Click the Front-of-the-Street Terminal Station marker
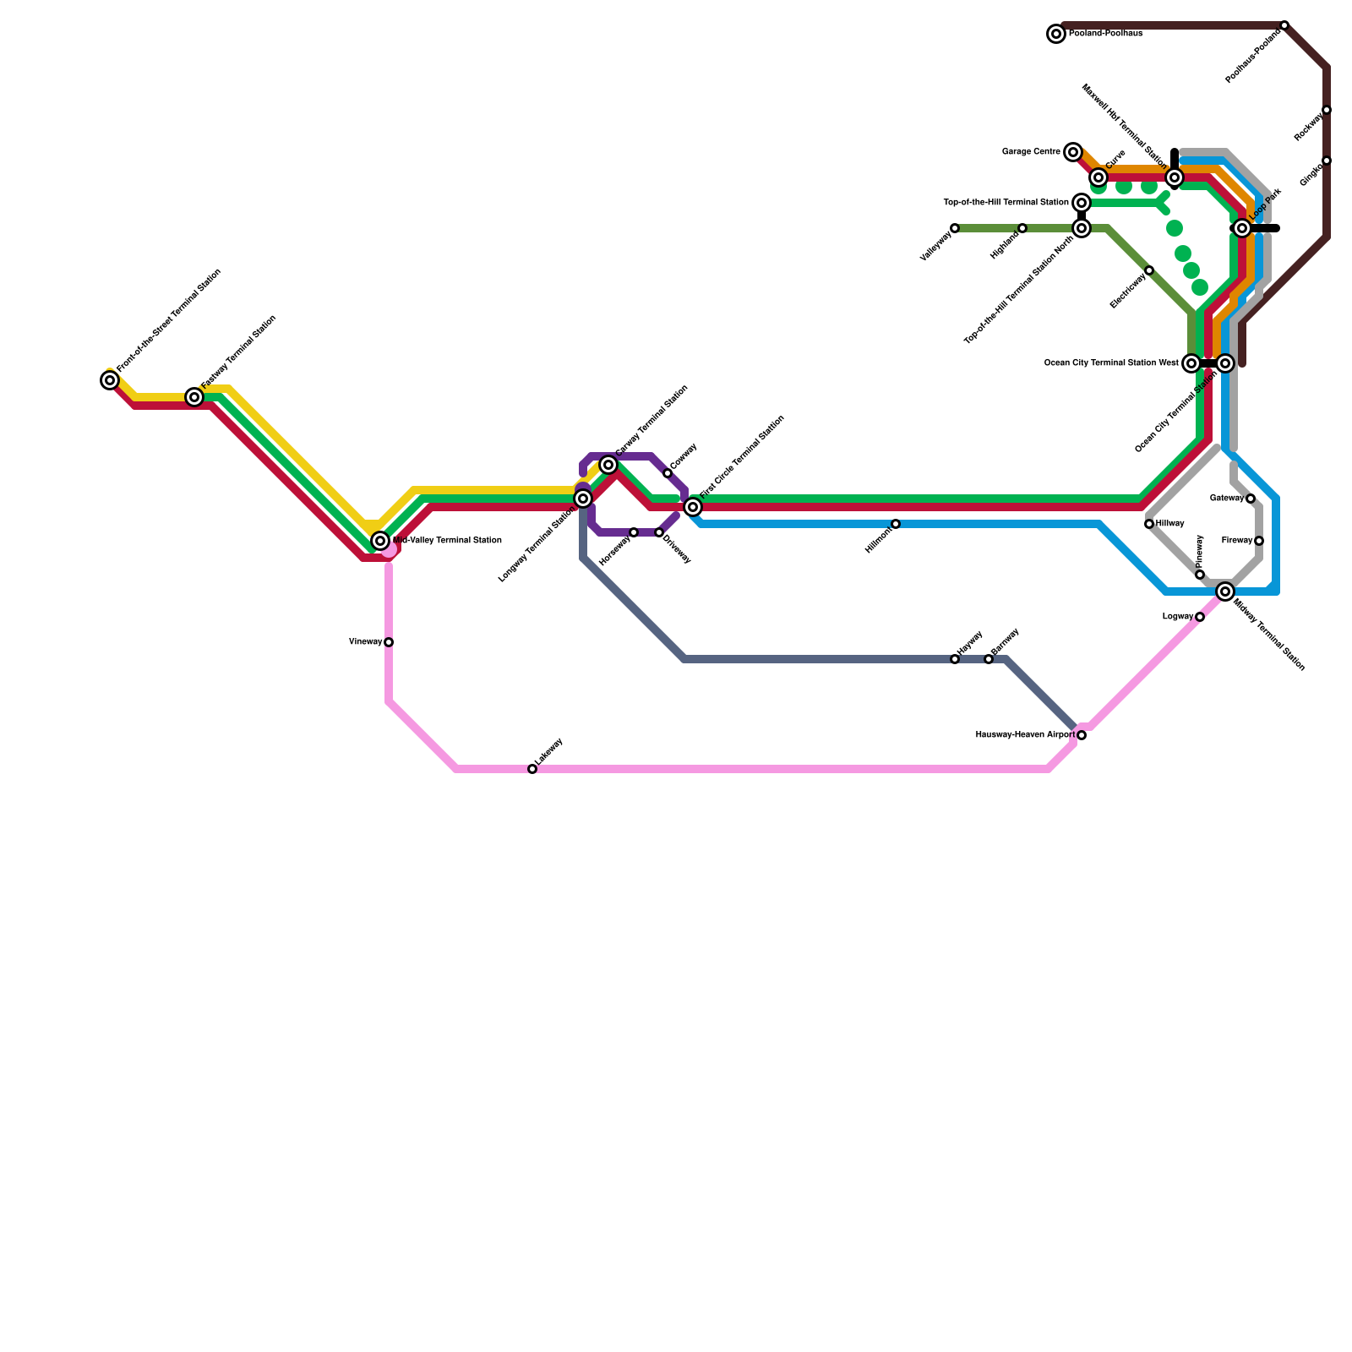click(110, 380)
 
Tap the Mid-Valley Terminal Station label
click(447, 541)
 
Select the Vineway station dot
click(389, 642)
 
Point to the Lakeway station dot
click(532, 769)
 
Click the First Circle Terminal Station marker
click(693, 507)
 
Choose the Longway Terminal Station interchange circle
click(583, 499)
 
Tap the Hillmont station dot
click(896, 524)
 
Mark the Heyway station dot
click(955, 659)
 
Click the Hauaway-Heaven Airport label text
click(1025, 735)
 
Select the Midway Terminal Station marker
click(1225, 591)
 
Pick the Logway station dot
click(1200, 617)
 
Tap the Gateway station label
click(1227, 499)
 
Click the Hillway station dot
click(1149, 524)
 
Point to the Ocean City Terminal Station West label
click(1111, 363)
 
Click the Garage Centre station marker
click(1073, 152)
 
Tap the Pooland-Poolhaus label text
click(1105, 34)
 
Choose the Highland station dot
click(1022, 228)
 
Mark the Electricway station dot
click(1149, 270)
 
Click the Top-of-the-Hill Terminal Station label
click(1006, 203)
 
